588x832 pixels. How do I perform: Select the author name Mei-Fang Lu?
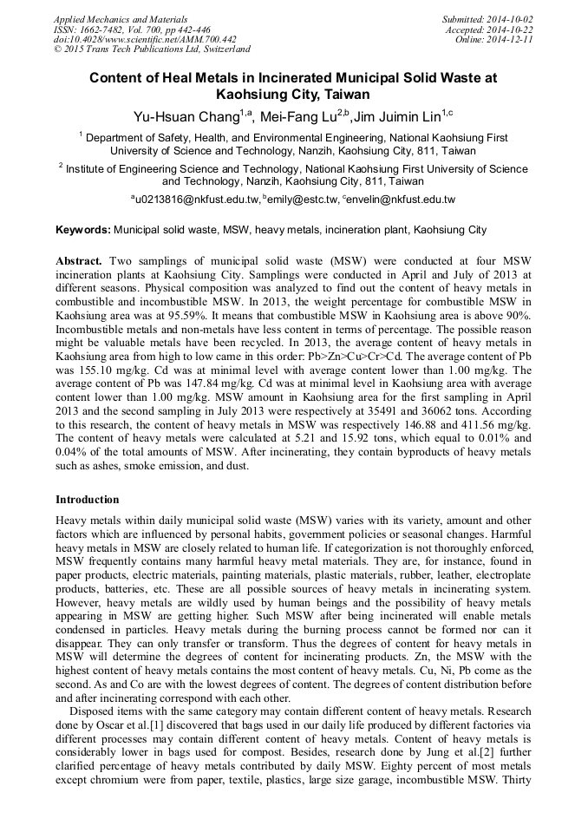(301, 116)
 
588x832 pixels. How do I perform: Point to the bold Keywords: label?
(83, 231)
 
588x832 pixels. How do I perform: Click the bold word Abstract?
(79, 261)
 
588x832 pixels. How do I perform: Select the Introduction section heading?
(88, 500)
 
